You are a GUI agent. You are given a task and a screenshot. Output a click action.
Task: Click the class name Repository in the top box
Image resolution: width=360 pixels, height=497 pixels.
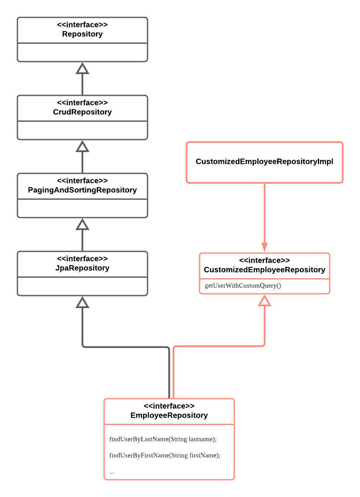pos(82,34)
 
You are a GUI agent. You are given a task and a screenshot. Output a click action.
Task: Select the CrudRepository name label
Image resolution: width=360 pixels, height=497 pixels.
pos(82,112)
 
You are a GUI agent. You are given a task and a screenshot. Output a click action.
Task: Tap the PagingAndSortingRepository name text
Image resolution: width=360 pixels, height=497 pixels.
pos(82,190)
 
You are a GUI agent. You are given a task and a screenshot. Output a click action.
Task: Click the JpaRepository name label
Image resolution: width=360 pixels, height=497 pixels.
pos(82,268)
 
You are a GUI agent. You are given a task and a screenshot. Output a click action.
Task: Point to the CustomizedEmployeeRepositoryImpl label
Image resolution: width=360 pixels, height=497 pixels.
pos(264,162)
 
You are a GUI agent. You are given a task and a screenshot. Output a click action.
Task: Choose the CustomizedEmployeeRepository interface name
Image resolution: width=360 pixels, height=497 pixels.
pos(264,270)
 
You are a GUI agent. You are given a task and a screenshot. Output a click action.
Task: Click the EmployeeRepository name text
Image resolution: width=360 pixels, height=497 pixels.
pos(169,416)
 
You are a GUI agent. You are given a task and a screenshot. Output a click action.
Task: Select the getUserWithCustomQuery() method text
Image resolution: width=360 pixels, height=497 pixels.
pos(243,286)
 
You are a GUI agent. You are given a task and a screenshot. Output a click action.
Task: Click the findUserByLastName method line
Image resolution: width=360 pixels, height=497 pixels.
pos(163,439)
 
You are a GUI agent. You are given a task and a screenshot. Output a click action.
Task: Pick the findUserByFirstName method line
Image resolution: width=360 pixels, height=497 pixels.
pos(165,455)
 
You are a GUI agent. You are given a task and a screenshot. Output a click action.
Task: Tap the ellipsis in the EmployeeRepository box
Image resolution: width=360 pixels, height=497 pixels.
pos(112,472)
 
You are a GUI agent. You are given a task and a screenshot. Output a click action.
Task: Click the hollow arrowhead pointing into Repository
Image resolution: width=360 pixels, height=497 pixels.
pos(82,68)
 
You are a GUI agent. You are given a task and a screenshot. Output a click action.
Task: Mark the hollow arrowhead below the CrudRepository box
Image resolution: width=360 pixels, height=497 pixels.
pos(82,146)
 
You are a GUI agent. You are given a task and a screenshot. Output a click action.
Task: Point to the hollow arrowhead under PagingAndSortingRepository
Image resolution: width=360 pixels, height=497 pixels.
pos(82,224)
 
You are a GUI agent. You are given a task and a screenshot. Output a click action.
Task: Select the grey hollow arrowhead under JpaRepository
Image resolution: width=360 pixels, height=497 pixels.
pos(82,302)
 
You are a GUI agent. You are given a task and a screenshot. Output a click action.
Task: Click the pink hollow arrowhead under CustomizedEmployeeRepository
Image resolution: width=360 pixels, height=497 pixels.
pos(264,301)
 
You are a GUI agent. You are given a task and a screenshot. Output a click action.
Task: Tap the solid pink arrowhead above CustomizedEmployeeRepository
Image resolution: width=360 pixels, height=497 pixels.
pos(264,247)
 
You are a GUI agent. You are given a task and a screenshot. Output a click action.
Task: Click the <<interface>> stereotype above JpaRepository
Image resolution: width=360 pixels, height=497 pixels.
pos(82,259)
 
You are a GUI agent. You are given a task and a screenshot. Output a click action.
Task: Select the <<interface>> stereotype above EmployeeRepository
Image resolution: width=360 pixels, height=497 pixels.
pos(169,406)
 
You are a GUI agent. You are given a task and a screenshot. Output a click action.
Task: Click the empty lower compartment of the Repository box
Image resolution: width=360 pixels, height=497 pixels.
pos(82,52)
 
